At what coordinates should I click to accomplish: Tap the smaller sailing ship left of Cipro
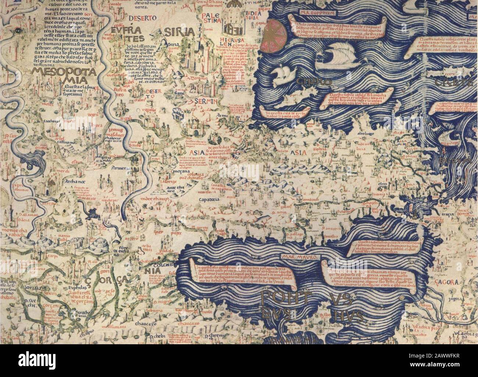point(285,75)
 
